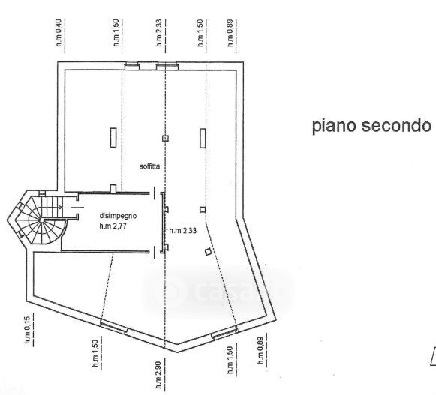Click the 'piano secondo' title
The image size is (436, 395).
point(371,126)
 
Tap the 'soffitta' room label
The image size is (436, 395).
point(149,166)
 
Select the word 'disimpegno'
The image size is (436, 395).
point(118,216)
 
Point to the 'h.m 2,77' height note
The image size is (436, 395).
point(113,226)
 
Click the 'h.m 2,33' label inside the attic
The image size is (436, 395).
point(182,231)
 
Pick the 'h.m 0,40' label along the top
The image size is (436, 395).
point(59,32)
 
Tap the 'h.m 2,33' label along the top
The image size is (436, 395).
point(159,32)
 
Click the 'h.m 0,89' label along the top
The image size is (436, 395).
point(230,33)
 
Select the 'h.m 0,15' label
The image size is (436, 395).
point(27,330)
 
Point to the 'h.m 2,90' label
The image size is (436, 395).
point(158,375)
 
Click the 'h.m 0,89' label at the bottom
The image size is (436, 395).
point(260,350)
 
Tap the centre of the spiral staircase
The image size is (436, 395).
point(42,220)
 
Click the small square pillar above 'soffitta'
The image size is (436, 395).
point(165,139)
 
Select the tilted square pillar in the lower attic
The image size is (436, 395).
point(208,252)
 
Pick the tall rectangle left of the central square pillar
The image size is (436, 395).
point(113,138)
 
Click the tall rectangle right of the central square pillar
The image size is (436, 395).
point(203,138)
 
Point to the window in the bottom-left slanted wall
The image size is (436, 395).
point(114,326)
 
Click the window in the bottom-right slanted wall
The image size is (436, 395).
point(224,333)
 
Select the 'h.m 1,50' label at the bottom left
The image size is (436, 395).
point(95,353)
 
